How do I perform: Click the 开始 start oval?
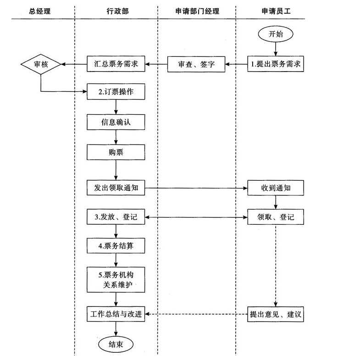tap(276, 34)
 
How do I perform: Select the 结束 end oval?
tap(115, 344)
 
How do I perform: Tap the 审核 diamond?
tap(41, 65)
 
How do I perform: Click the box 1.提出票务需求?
tap(276, 65)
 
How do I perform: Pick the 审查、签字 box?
tap(197, 65)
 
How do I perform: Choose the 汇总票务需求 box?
tap(116, 64)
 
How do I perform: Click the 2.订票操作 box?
tap(116, 92)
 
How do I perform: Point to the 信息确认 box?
tap(116, 123)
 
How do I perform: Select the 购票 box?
tap(116, 152)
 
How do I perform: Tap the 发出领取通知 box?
tap(116, 188)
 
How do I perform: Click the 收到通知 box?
tap(276, 188)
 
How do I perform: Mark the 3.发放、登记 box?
tap(116, 217)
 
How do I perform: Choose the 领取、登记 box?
tap(276, 217)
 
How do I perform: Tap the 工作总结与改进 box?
tap(116, 314)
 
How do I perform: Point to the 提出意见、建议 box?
tap(276, 314)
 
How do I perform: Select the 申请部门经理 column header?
tap(196, 11)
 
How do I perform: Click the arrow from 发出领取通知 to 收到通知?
tap(196, 188)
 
